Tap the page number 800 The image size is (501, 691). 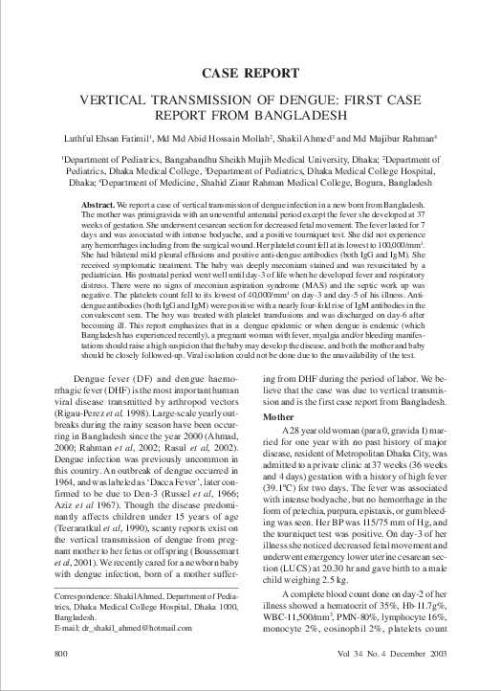60,679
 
